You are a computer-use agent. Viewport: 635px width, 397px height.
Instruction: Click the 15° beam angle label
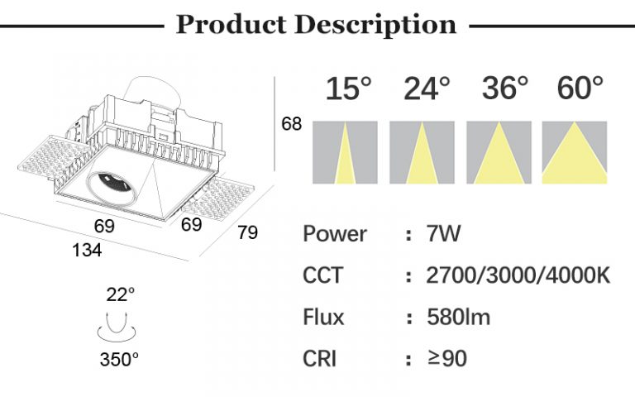[x=347, y=88]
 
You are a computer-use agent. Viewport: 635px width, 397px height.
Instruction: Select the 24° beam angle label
[x=427, y=88]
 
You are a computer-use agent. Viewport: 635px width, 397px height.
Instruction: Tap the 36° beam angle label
[x=504, y=88]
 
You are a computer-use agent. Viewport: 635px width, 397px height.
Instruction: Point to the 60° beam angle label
[x=580, y=88]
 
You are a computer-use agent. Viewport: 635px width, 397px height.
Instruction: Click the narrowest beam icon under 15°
[x=345, y=152]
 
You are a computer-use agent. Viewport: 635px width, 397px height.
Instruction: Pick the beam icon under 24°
[x=422, y=152]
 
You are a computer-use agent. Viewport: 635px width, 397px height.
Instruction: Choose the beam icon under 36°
[x=499, y=152]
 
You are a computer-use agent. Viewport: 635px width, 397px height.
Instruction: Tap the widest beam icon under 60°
[x=575, y=152]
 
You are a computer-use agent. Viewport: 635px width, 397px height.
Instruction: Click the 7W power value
[x=443, y=234]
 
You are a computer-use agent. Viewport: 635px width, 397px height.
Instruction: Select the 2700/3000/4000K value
[x=518, y=275]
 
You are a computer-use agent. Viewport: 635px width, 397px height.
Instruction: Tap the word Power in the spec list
[x=335, y=234]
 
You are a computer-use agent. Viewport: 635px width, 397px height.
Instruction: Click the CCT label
[x=322, y=275]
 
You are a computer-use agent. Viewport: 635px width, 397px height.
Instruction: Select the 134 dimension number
[x=87, y=250]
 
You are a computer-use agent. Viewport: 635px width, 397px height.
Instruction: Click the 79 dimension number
[x=247, y=233]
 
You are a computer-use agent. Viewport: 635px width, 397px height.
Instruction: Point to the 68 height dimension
[x=292, y=125]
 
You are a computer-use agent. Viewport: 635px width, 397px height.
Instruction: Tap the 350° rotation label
[x=120, y=359]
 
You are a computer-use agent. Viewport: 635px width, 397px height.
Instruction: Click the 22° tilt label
[x=120, y=294]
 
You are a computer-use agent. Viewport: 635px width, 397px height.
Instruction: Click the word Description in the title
[x=376, y=24]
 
